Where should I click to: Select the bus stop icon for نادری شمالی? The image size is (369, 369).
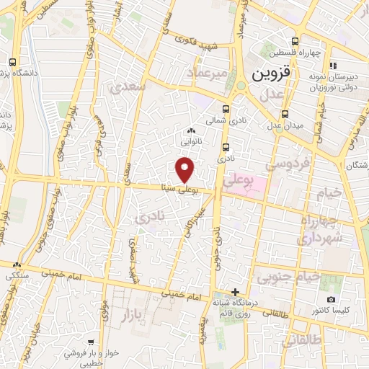pos(226,110)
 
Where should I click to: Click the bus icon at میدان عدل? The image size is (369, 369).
pos(285,114)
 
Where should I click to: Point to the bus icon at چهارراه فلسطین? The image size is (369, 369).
pos(294,41)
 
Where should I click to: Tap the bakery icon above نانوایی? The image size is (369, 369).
pos(190,130)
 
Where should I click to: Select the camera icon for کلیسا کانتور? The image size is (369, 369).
pos(331,299)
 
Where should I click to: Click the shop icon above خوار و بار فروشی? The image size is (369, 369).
pos(89,343)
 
